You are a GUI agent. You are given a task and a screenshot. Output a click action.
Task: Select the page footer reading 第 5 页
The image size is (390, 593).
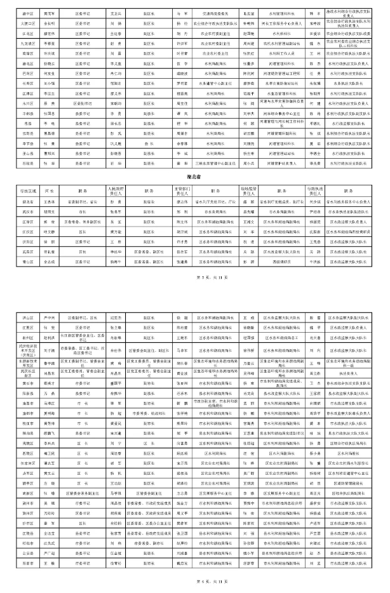click(194, 277)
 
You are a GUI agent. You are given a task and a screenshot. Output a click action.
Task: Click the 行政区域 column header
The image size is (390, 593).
click(27, 190)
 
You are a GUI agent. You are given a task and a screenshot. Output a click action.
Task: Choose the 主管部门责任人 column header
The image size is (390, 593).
click(182, 190)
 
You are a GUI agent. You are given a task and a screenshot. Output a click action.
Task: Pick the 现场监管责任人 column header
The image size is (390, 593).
click(248, 190)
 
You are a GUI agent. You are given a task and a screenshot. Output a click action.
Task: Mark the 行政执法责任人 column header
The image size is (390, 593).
click(315, 190)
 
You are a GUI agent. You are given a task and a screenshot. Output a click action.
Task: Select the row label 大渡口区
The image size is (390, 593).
click(27, 23)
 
